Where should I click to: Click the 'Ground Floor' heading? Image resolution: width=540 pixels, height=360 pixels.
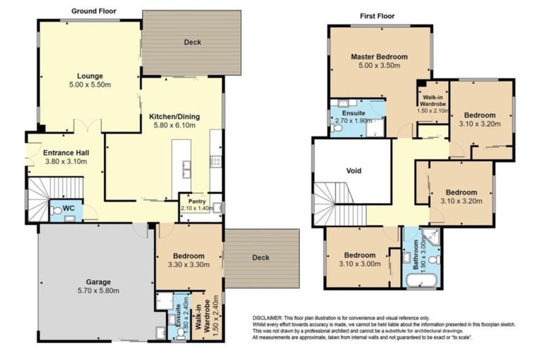[x=94, y=11]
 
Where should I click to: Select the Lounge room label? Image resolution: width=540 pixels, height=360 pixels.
[x=90, y=76]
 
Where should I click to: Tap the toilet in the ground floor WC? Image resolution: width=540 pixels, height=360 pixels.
[x=56, y=210]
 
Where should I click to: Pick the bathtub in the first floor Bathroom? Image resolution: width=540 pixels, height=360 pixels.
[x=420, y=281]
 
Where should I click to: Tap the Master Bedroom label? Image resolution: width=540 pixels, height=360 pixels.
[x=380, y=56]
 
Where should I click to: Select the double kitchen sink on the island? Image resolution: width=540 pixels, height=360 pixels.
[x=186, y=169]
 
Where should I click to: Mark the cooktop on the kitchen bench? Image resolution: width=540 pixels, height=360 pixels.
[x=217, y=161]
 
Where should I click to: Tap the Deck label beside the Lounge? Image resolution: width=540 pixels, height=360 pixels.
[x=192, y=42]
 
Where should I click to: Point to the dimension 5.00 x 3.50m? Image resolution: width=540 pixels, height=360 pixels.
[x=380, y=66]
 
